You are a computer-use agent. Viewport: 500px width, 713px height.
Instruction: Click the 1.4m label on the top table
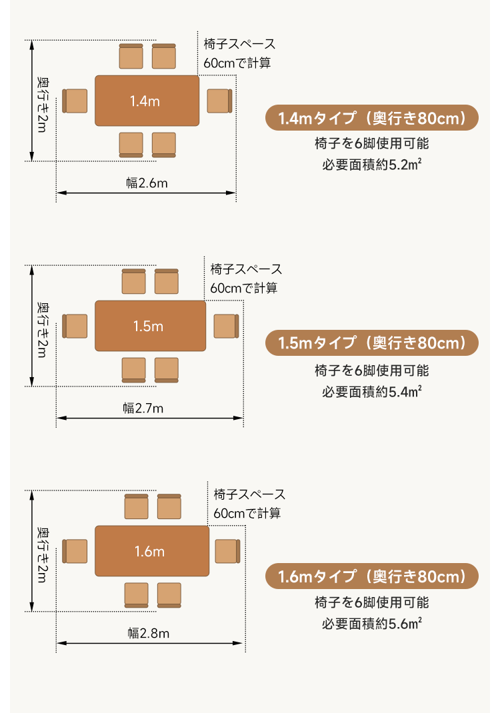[x=145, y=101]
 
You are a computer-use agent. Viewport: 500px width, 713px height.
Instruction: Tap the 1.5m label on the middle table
[x=148, y=326]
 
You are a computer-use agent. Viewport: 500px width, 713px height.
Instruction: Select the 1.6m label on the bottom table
[x=149, y=551]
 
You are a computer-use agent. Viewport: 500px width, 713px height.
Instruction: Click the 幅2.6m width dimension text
[x=147, y=183]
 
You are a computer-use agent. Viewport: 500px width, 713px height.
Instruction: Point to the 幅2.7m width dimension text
[x=143, y=408]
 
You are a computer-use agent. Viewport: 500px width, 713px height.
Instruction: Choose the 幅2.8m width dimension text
[x=148, y=633]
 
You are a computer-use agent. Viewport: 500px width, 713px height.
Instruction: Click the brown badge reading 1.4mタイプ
[x=372, y=118]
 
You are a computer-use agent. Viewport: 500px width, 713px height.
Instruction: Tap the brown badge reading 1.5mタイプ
[x=372, y=343]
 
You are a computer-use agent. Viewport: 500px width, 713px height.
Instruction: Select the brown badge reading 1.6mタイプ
[x=372, y=576]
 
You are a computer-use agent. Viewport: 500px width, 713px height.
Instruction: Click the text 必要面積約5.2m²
[x=372, y=164]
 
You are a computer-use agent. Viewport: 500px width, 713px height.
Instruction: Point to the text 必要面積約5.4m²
[x=372, y=391]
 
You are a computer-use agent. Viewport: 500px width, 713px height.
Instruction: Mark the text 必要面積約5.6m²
[x=372, y=623]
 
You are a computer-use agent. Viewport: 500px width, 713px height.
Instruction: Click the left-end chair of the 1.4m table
[x=75, y=101]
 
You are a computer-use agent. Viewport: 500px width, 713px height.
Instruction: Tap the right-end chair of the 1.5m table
[x=226, y=326]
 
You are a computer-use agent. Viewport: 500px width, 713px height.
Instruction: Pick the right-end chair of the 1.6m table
[x=227, y=551]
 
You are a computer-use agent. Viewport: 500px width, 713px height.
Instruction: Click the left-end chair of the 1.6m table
[x=75, y=551]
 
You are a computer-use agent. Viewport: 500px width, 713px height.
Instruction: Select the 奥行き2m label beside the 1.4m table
[x=42, y=105]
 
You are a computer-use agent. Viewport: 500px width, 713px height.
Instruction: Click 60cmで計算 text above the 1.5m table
[x=243, y=288]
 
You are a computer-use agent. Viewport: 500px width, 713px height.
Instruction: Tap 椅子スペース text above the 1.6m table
[x=249, y=494]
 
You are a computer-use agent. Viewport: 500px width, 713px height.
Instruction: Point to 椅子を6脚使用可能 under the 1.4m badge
[x=372, y=143]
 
